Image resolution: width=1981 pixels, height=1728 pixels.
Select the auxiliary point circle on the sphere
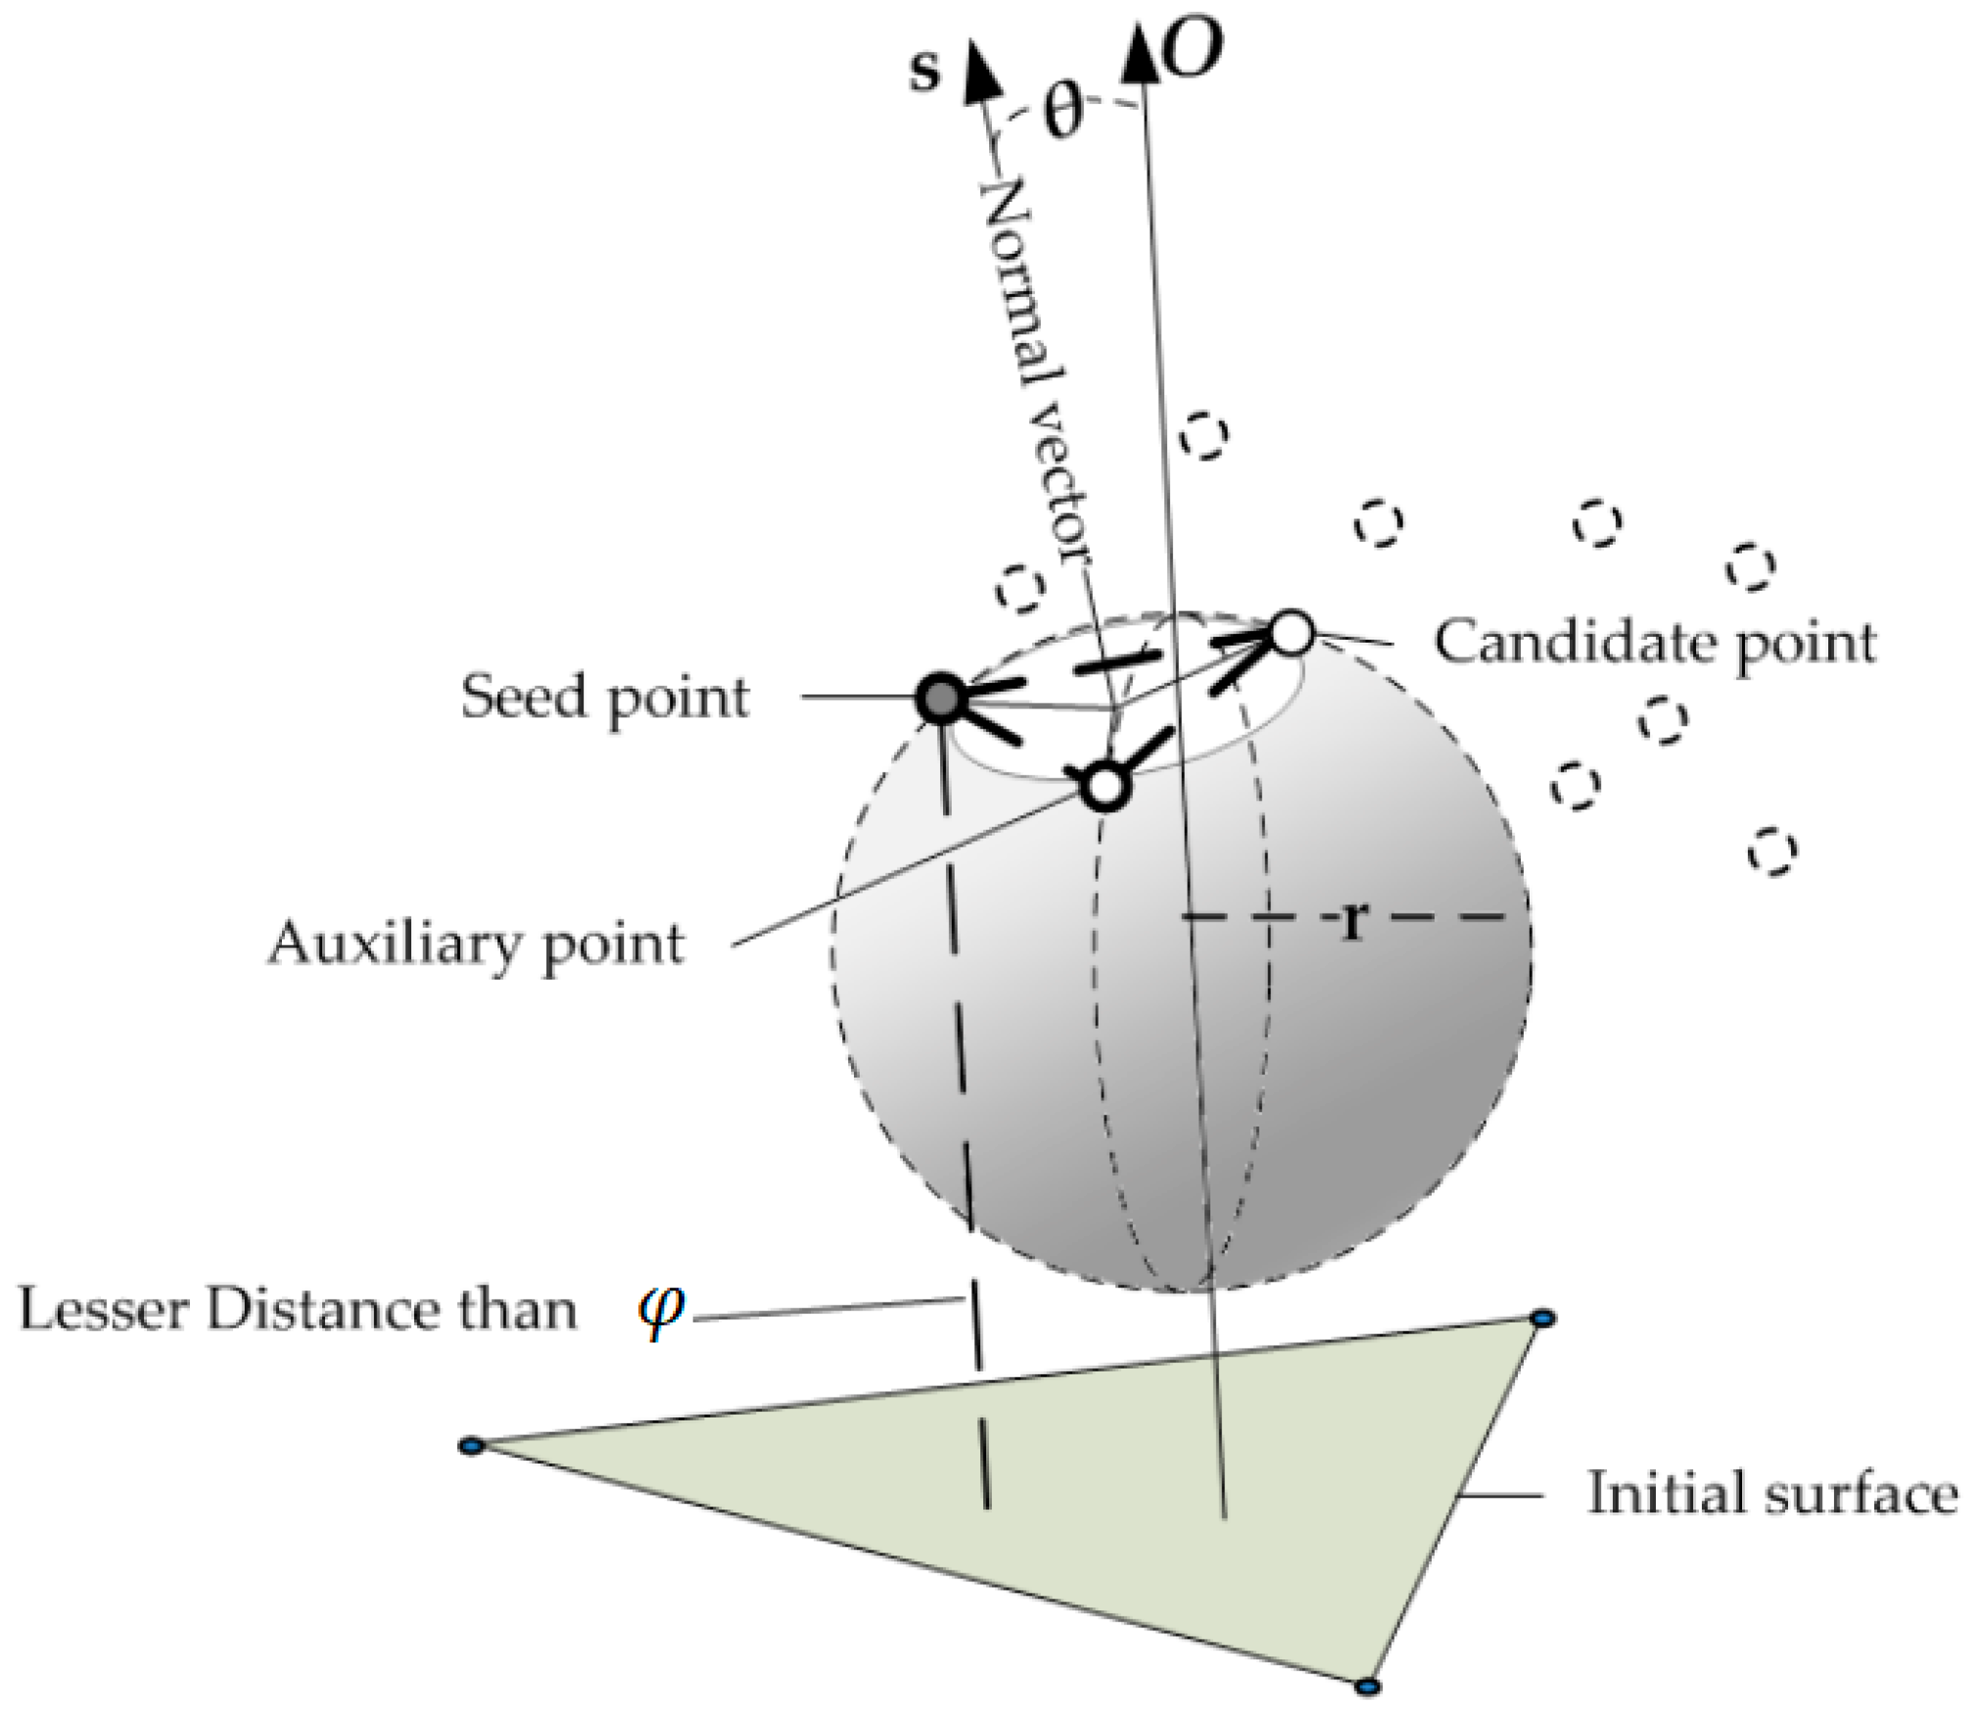click(1104, 785)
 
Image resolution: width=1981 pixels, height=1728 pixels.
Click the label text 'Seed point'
click(604, 697)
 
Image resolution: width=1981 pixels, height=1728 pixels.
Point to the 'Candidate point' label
click(1655, 644)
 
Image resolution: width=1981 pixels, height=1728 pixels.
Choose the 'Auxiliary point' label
click(476, 945)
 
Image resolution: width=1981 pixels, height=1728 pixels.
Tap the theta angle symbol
click(1062, 110)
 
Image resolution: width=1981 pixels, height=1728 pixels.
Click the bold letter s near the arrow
click(923, 71)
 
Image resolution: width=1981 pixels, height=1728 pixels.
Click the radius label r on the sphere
click(1352, 921)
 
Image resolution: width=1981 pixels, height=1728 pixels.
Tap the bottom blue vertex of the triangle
click(1367, 1687)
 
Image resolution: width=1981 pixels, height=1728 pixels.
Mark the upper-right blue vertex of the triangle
click(1541, 1320)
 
